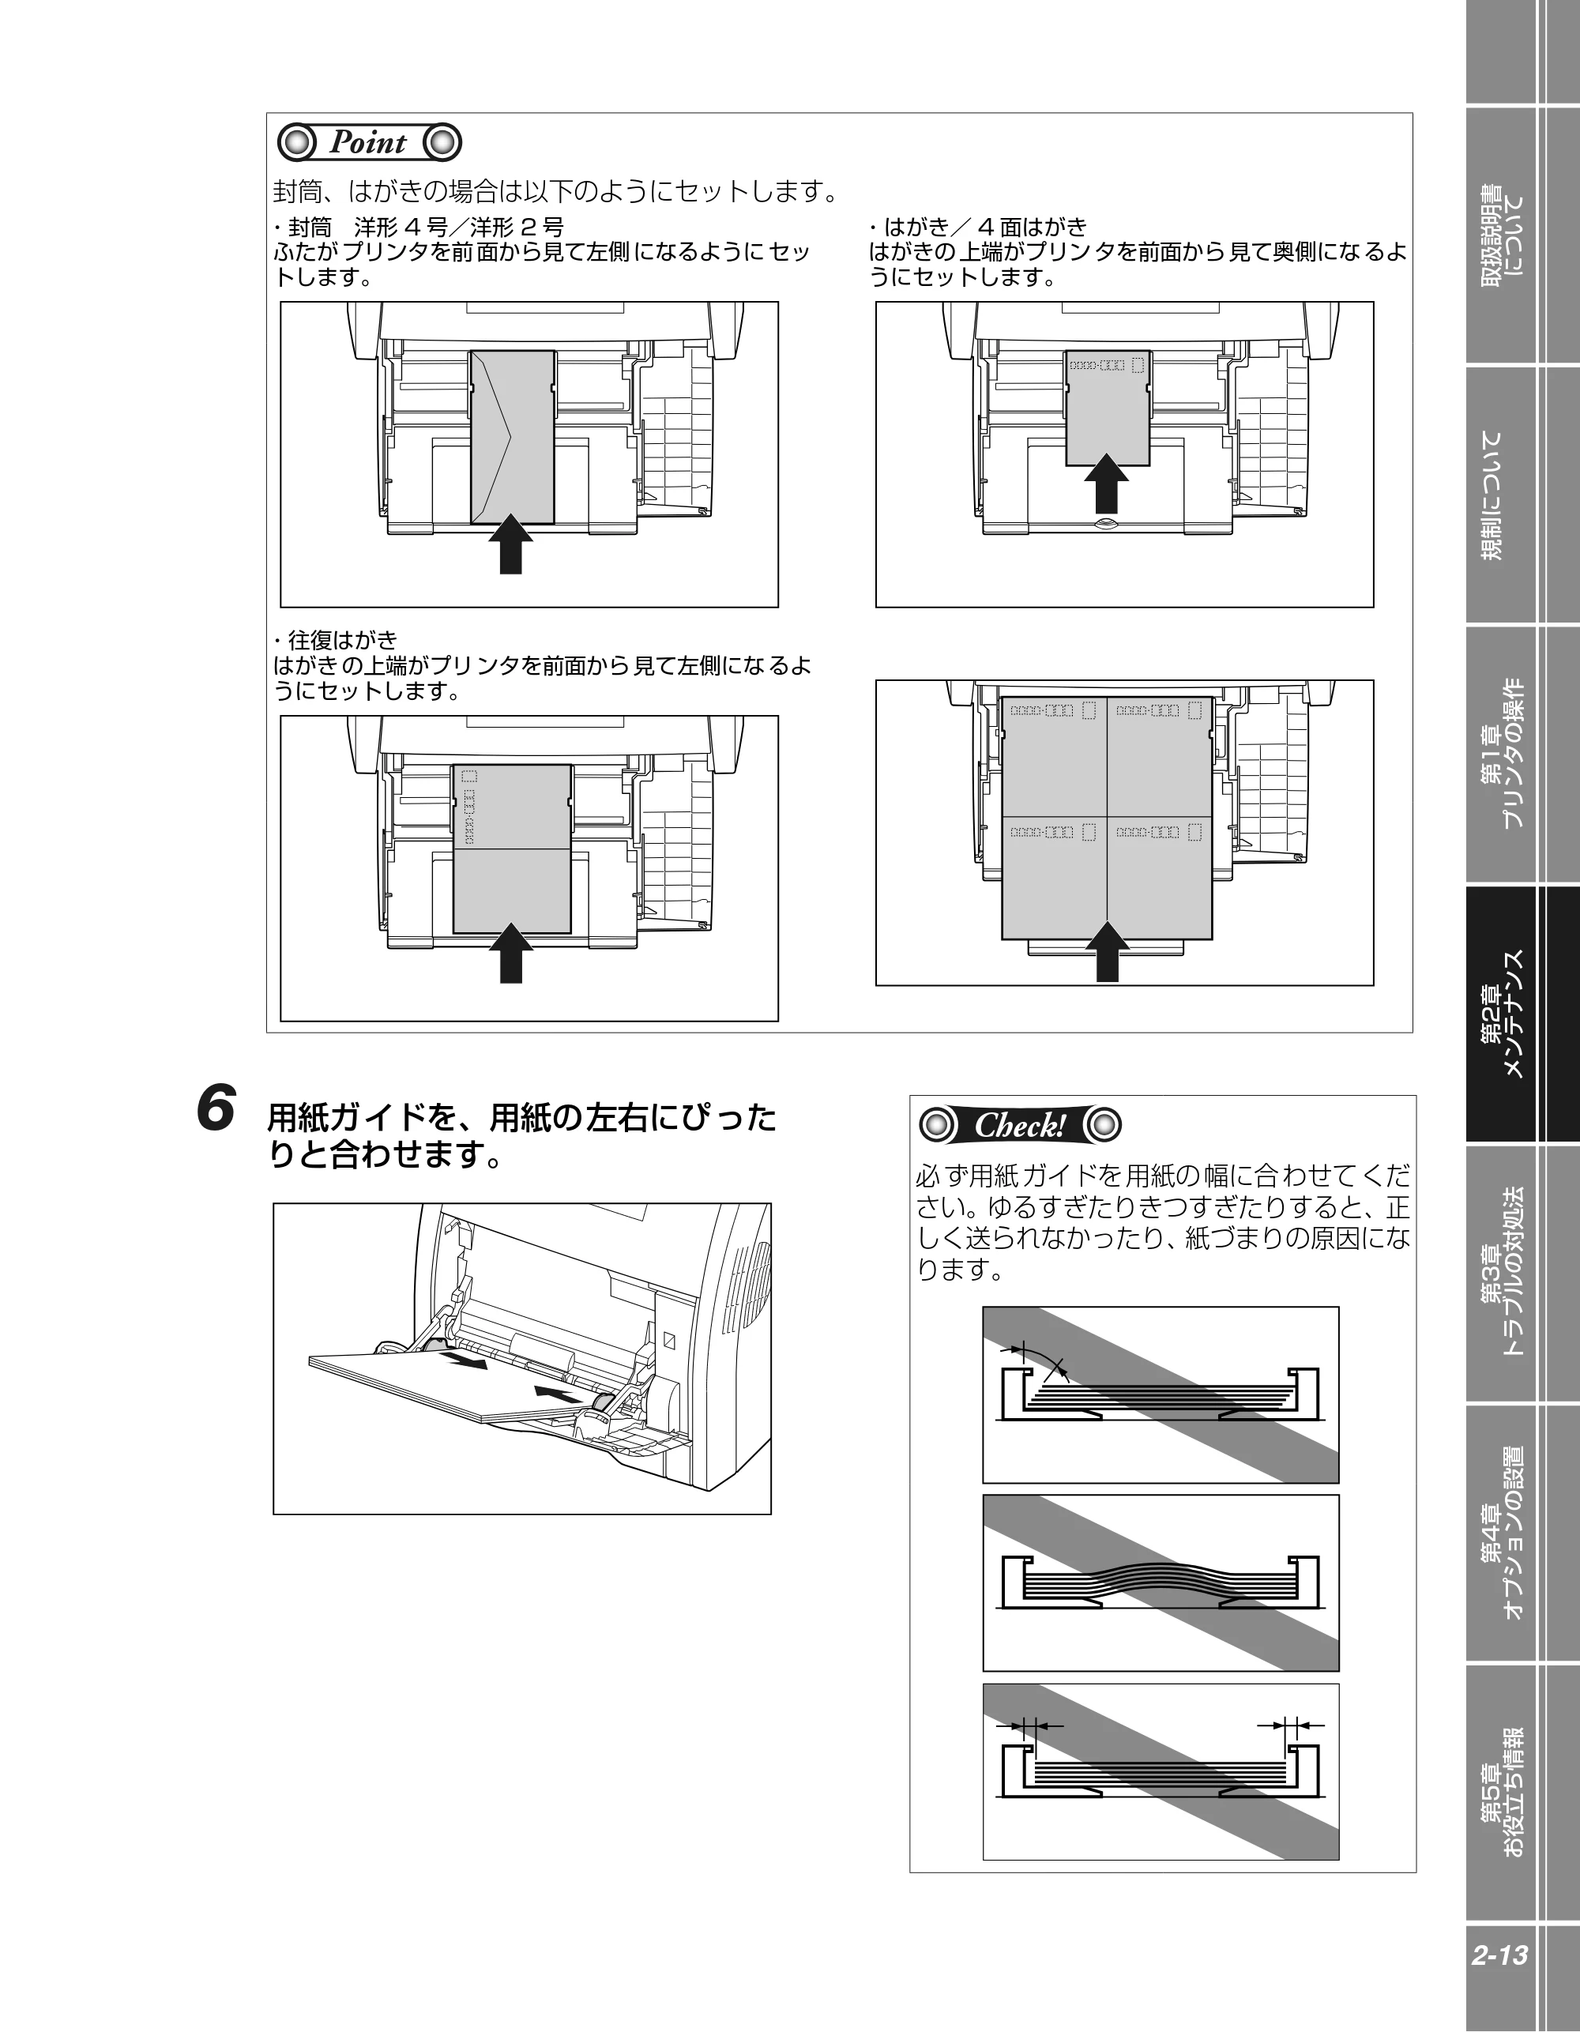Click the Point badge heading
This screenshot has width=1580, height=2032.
370,142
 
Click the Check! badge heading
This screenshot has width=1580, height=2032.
1020,1125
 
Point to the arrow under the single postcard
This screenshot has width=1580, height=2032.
1106,482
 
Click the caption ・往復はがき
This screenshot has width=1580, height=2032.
336,640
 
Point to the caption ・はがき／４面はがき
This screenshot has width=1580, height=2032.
978,226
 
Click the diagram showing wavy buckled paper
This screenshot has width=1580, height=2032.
1161,1582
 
